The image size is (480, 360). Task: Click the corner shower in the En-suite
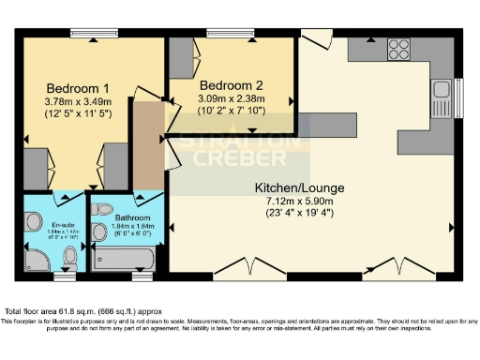point(33,259)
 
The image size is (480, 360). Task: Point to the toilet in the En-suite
point(30,223)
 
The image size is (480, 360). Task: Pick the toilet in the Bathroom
point(104,210)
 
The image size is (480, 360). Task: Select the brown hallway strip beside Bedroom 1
point(146,145)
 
